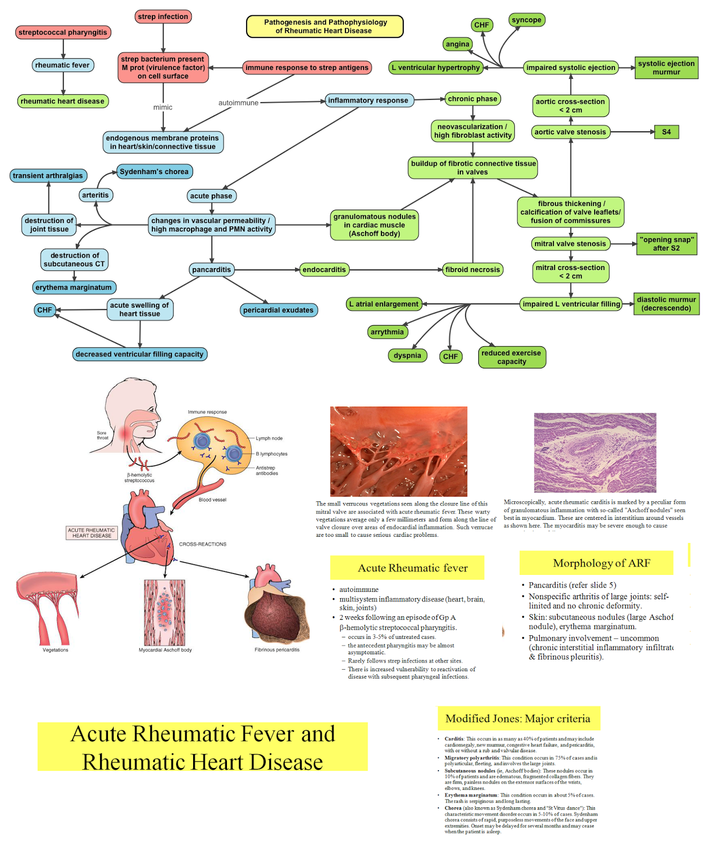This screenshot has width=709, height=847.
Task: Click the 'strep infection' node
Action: [x=163, y=16]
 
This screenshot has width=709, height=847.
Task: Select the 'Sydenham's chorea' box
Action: [x=154, y=172]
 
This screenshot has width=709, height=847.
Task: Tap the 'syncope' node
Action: [x=526, y=20]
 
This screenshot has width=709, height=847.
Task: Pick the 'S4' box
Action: [x=666, y=132]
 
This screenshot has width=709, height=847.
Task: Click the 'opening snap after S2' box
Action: [x=666, y=244]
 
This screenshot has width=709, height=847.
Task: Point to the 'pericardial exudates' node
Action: [x=278, y=310]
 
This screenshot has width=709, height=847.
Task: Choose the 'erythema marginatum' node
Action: [x=74, y=287]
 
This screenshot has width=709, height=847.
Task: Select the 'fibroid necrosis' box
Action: [x=472, y=269]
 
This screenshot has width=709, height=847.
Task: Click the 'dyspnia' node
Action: [x=407, y=356]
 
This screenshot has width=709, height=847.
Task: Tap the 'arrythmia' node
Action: [x=387, y=332]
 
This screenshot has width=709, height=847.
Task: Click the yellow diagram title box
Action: [x=325, y=26]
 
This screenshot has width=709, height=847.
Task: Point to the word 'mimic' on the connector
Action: [x=163, y=107]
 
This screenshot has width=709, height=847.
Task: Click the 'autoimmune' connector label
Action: [x=239, y=103]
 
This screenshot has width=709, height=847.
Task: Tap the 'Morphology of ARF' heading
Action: [x=596, y=563]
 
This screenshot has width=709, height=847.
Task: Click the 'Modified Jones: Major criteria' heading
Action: [x=519, y=718]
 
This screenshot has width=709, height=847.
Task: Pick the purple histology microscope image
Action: [x=595, y=453]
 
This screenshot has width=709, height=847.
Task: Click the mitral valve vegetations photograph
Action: [x=398, y=451]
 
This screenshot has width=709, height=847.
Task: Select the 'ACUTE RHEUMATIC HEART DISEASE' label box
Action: [x=92, y=533]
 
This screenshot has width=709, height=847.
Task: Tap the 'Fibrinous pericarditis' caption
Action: [x=277, y=650]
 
